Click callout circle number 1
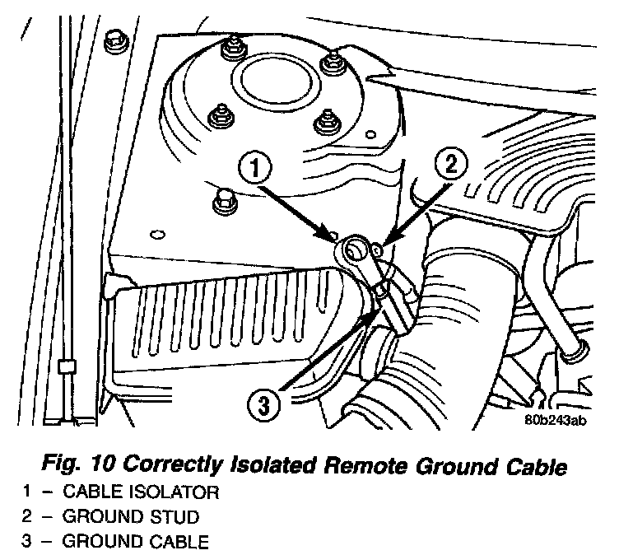point(256,170)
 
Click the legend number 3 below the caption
point(27,542)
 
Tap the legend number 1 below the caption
point(27,493)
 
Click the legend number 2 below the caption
point(27,517)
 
